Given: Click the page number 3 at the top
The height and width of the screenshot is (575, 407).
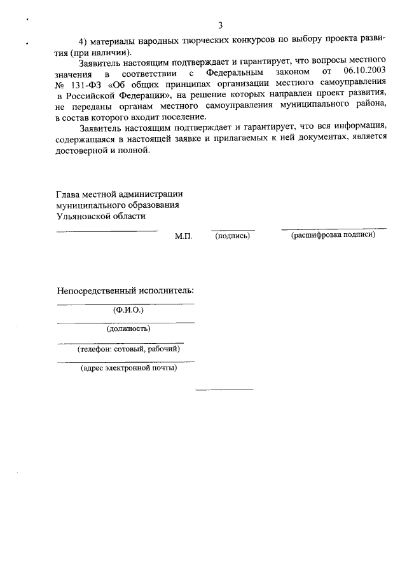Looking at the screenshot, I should (220, 26).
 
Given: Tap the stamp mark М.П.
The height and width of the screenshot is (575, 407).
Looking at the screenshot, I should (183, 236).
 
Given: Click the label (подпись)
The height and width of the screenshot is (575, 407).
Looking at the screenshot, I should (233, 236).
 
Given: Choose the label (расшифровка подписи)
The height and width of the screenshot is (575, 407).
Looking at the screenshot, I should (333, 235).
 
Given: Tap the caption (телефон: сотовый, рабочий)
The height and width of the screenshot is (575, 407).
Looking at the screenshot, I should (125, 349).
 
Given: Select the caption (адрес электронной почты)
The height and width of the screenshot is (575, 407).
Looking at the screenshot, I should (128, 367).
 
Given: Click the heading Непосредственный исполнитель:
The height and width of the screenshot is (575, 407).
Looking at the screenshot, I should (125, 291).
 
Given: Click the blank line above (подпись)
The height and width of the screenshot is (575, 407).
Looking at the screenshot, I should (233, 230).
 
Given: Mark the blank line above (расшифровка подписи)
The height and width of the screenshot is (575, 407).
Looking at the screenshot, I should (333, 228).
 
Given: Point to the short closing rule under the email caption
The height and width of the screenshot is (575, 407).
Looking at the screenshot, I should (224, 389).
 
